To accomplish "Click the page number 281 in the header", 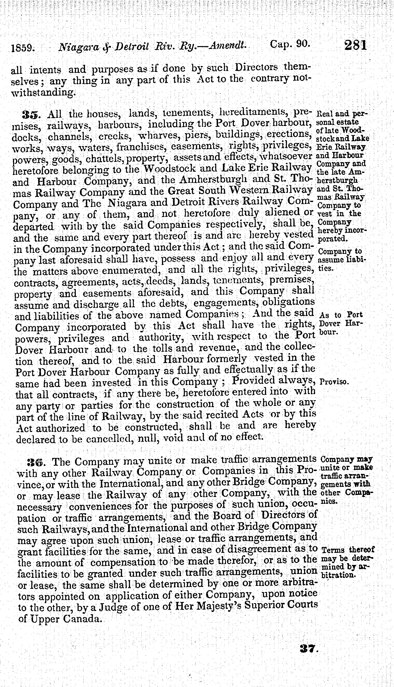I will click(x=355, y=45).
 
